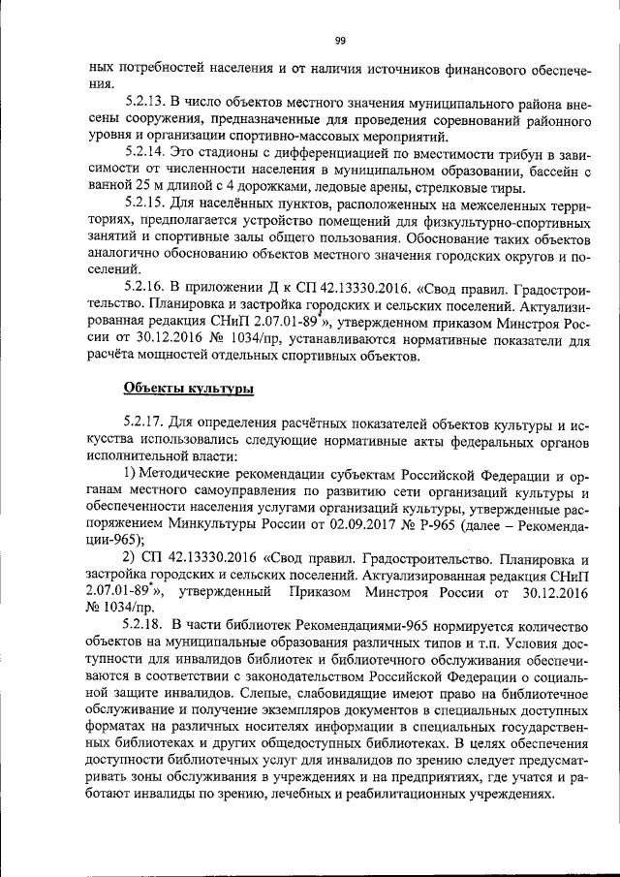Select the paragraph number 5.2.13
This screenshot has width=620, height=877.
pos(146,100)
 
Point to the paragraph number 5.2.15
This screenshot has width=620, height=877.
pos(146,204)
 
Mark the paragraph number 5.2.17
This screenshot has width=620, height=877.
pos(146,423)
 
